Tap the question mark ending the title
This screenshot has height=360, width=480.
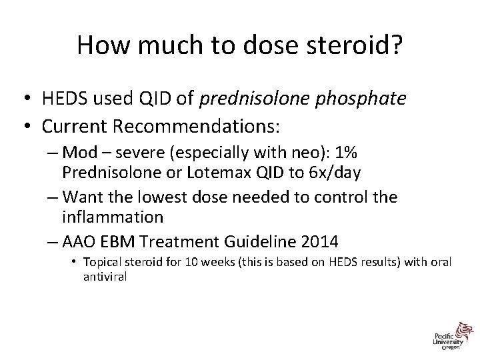click(x=397, y=45)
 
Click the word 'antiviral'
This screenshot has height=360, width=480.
click(x=105, y=276)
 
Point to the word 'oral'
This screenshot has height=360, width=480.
click(x=440, y=263)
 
